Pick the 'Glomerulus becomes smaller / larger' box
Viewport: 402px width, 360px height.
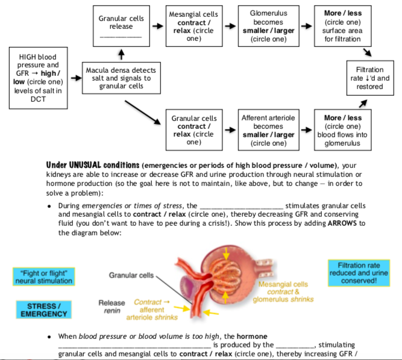268,26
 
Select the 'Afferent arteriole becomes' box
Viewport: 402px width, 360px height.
268,130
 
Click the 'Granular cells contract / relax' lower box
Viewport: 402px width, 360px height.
193,130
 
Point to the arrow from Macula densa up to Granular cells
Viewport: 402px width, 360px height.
121,55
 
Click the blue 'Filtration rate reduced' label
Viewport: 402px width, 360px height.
359,273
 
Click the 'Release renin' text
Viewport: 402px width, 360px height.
111,306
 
